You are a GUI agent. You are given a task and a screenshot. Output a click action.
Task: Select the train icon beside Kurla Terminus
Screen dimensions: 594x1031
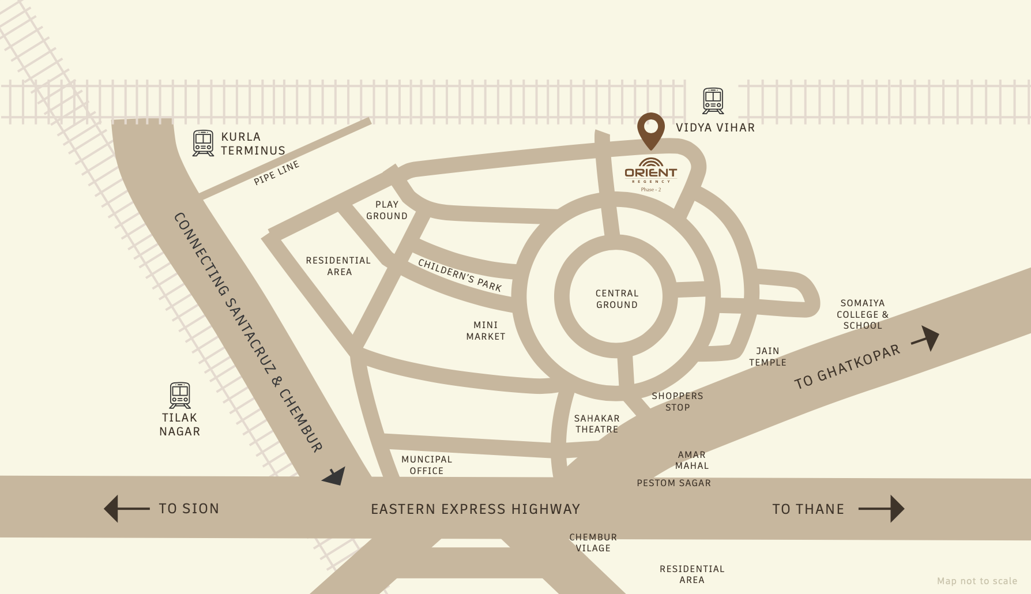tap(203, 143)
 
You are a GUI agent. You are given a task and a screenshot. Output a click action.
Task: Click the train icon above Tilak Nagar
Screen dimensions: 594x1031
tap(180, 395)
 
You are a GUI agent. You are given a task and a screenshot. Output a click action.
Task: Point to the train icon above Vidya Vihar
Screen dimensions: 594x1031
tap(713, 101)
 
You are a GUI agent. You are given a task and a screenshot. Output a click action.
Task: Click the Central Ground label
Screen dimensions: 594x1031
tap(616, 299)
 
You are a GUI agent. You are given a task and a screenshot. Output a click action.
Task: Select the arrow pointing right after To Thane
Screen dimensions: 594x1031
tap(882, 509)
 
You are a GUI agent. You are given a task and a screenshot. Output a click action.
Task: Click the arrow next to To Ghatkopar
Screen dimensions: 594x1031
tap(926, 339)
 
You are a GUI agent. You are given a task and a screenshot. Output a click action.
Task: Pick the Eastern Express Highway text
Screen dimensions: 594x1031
tap(475, 509)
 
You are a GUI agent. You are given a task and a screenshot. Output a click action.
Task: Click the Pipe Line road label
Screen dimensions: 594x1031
tap(277, 173)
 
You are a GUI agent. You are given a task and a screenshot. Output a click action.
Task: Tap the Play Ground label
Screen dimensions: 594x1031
tap(387, 210)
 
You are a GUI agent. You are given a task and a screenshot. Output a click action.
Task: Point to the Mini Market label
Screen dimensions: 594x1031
tap(486, 330)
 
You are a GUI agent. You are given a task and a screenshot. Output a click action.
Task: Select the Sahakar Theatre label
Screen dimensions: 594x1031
tap(596, 424)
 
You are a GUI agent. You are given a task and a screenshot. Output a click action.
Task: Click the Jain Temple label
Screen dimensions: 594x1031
tap(767, 356)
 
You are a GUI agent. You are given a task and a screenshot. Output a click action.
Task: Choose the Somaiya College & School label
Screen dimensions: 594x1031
tap(863, 314)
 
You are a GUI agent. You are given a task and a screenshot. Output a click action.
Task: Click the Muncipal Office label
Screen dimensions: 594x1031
tap(427, 465)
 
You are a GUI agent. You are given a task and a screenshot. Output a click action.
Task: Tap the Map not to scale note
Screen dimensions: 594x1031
tap(977, 581)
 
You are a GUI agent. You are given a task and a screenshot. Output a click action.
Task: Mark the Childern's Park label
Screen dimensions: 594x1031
tap(460, 275)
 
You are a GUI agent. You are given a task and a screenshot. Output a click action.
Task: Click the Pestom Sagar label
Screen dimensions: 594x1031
tap(673, 483)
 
